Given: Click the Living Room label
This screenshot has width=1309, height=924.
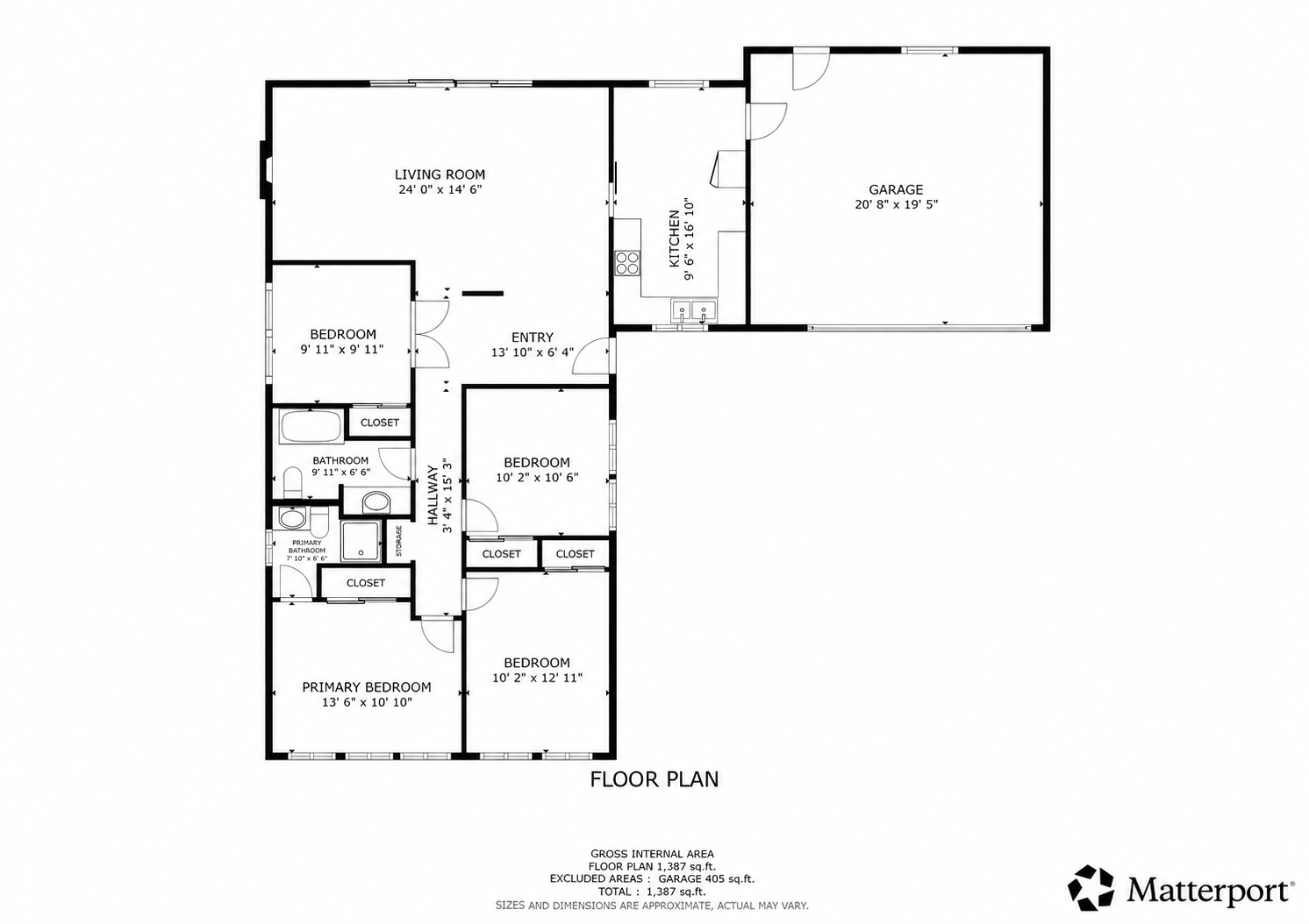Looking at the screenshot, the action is click(440, 174).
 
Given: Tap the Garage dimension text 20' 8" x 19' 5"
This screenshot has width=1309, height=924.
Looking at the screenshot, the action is click(896, 204).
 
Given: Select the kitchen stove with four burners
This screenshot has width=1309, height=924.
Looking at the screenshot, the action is click(627, 262).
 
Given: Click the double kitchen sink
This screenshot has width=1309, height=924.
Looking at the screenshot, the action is click(694, 309).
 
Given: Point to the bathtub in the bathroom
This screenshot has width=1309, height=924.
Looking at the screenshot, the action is click(311, 427).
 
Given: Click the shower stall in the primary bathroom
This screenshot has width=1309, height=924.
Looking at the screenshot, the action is click(361, 541).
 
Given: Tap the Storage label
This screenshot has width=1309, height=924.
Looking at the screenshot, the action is click(399, 541).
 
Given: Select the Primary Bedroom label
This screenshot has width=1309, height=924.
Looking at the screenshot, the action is click(367, 687).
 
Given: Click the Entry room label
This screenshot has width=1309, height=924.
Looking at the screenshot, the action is click(533, 337).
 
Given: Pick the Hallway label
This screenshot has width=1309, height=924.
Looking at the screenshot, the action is click(433, 494).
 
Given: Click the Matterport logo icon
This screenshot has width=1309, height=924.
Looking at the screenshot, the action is click(1091, 888).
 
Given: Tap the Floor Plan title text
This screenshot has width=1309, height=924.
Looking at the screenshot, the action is click(654, 779).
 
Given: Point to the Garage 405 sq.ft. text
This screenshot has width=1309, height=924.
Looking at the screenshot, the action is click(706, 878).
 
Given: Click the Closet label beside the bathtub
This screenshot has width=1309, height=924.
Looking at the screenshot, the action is click(380, 423).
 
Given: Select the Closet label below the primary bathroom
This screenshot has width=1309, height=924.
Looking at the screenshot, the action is click(366, 583).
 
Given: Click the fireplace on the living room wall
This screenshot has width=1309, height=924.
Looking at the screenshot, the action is click(265, 170).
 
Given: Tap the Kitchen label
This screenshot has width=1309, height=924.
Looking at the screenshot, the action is click(675, 238).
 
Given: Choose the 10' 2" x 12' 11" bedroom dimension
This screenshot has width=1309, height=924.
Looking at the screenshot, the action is click(537, 678).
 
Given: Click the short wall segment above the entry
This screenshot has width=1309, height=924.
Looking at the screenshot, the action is click(483, 293).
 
